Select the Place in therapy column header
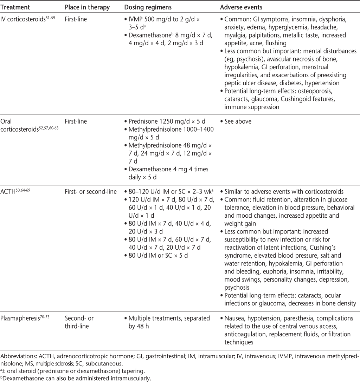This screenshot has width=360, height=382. pyautogui.click(x=87, y=7)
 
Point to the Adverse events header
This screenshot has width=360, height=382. pyautogui.click(x=239, y=7)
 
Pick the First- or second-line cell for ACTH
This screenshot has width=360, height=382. pyautogui.click(x=91, y=192)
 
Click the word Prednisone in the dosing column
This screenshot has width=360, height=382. pyautogui.click(x=142, y=121)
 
